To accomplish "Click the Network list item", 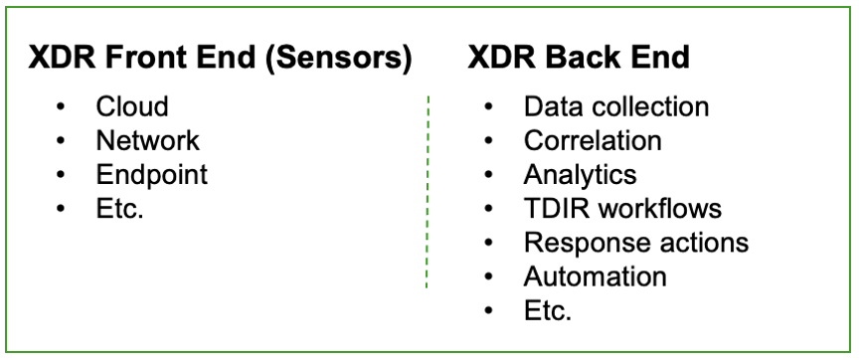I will [147, 141].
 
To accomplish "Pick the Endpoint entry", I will [151, 176].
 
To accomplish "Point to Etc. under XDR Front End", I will [121, 210].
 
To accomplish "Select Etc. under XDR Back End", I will [548, 312].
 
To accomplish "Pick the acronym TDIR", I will [556, 210].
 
